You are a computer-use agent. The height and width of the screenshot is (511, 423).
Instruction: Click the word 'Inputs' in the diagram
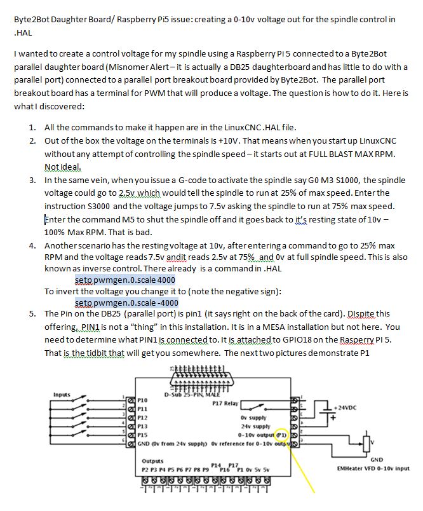coord(62,394)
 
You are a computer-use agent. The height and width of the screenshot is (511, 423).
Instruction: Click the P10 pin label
coord(143,400)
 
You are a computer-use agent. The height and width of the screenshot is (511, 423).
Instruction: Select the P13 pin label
coord(143,426)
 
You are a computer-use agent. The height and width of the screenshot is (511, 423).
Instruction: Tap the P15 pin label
coord(143,435)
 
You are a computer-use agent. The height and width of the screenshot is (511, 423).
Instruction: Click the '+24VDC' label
coord(347,405)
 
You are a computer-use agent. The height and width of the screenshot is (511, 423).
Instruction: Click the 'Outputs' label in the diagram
coord(152,461)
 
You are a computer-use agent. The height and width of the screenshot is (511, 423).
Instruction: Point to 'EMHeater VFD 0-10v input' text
coord(373,469)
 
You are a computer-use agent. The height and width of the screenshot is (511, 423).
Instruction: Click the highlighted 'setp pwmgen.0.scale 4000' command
coord(124,280)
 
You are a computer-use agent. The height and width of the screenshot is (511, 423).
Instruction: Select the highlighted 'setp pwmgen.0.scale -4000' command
coord(126,303)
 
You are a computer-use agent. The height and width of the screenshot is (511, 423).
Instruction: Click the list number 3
coord(32,180)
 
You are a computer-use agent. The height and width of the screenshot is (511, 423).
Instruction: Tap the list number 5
coord(32,314)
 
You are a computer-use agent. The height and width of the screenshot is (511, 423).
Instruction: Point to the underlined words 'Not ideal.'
coord(62,167)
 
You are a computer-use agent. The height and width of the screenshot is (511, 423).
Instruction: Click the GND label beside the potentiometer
coord(375,459)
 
